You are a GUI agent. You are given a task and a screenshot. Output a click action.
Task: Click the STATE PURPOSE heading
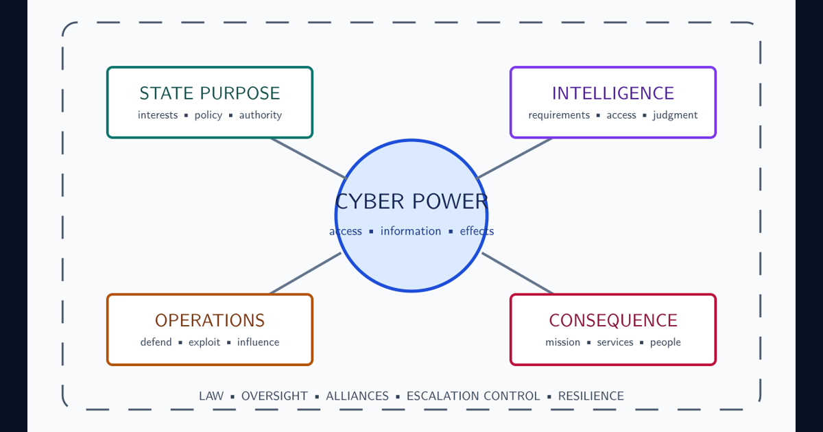pos(210,93)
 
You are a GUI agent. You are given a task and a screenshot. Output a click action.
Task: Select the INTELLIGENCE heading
pos(613,93)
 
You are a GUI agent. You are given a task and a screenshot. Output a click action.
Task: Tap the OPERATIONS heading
pos(210,320)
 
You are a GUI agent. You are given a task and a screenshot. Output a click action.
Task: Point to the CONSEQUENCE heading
pos(613,320)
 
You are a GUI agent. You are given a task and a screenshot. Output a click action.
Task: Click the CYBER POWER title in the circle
pos(411,202)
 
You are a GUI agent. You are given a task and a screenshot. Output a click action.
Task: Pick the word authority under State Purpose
pos(261,115)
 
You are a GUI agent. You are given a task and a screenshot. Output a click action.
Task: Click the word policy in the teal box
pos(208,115)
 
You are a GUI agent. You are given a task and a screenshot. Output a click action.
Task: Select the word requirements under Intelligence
pos(559,115)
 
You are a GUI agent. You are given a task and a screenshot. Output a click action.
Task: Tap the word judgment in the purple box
pos(676,115)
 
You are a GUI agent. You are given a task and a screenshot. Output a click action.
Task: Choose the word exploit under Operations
pos(204,342)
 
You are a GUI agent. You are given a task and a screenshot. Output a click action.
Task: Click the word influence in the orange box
pos(258,342)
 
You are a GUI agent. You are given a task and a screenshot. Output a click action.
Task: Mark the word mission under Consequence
pos(562,342)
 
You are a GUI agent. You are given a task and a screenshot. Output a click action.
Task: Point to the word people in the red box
pos(665,342)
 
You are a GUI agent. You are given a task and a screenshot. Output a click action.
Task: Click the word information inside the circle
pos(411,231)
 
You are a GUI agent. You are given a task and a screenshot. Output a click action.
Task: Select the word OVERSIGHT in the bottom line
pos(274,396)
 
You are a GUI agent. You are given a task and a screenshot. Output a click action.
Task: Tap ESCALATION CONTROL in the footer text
pos(473,396)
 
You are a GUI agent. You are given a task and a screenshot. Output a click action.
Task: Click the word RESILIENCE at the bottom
pos(591,396)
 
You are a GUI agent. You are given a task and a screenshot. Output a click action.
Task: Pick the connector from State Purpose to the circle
pos(308,158)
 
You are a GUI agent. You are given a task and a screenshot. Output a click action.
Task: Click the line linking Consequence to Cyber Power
pos(517,274)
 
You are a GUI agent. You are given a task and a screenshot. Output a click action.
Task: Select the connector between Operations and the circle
pos(306,274)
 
